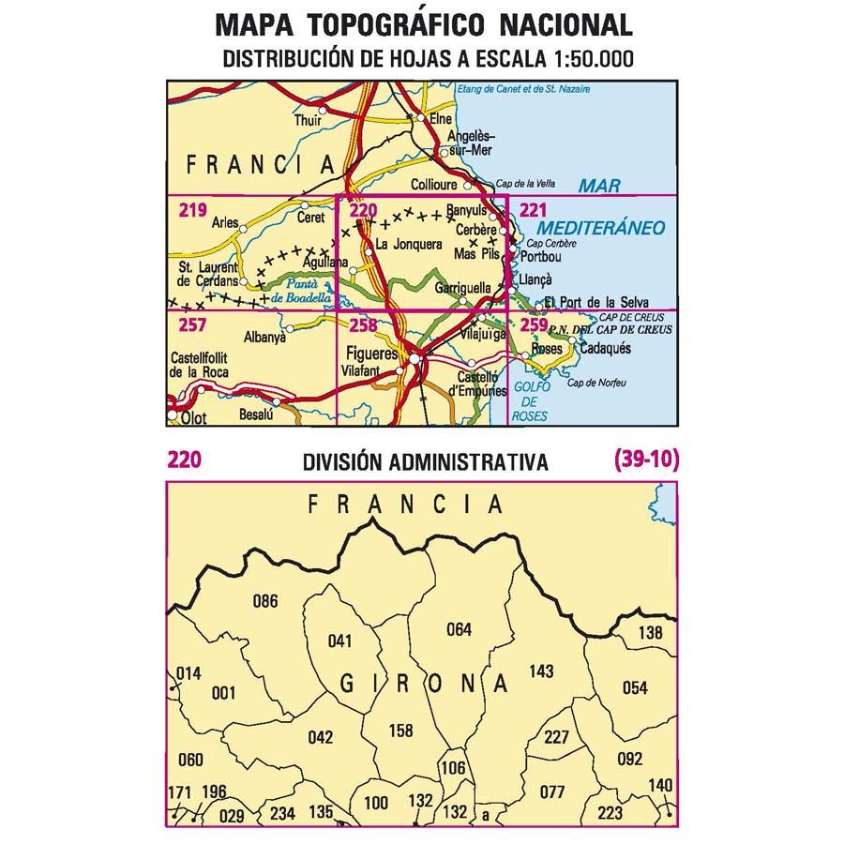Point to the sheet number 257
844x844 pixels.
pos(191,324)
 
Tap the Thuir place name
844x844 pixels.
pos(306,120)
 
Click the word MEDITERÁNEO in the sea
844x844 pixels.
pos(602,228)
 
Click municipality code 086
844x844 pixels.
pos(266,601)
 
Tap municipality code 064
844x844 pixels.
pos(459,629)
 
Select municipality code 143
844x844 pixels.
pos(541,671)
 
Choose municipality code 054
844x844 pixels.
pos(635,687)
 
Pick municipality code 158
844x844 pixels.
pos(400,730)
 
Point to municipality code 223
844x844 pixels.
pos(610,812)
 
